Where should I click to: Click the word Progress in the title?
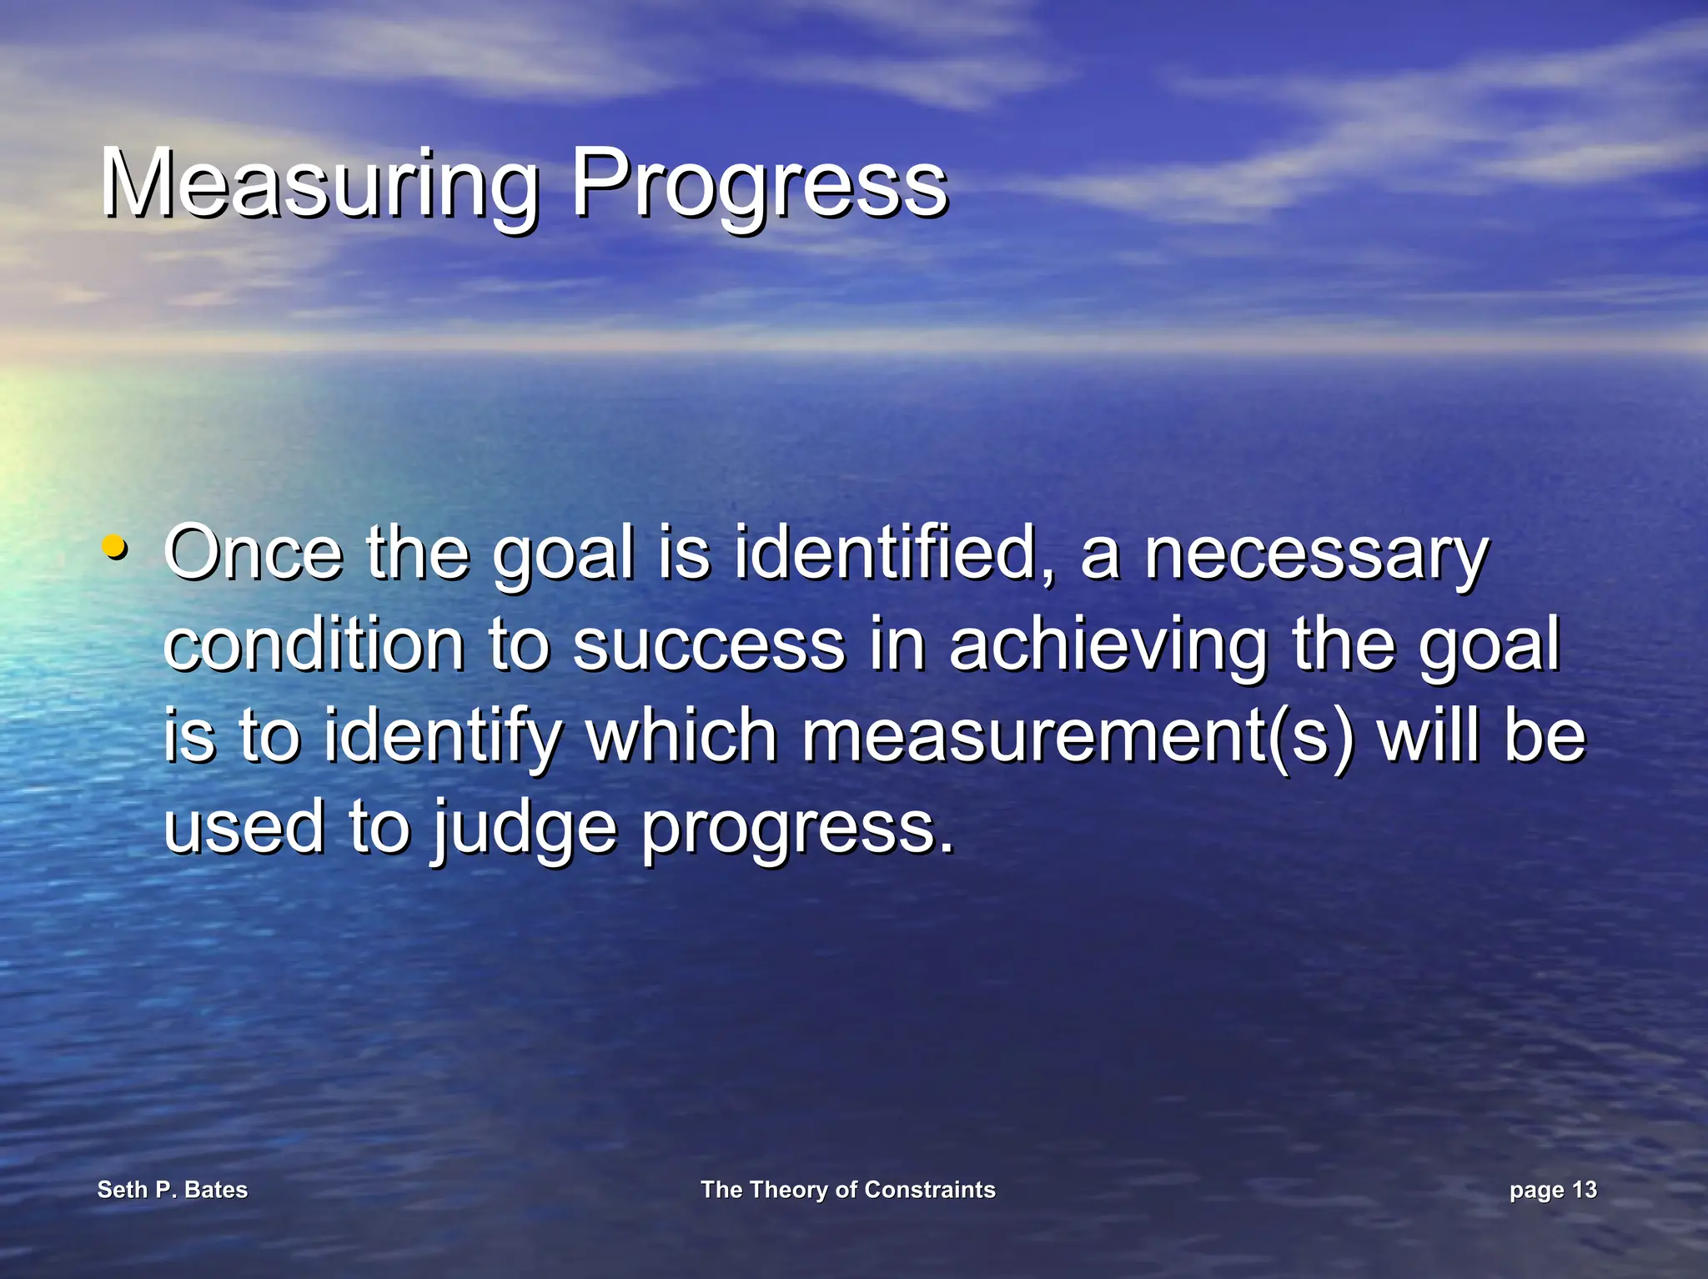(x=759, y=183)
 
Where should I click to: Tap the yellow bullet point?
(x=114, y=548)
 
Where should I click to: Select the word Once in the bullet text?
(x=254, y=553)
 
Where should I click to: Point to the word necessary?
(x=1315, y=553)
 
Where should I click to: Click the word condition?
(x=314, y=645)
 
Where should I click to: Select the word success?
(x=709, y=645)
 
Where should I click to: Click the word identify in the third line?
(x=443, y=735)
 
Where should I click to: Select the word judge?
(x=525, y=827)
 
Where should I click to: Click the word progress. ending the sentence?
(x=797, y=827)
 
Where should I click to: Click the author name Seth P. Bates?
(x=173, y=1190)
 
